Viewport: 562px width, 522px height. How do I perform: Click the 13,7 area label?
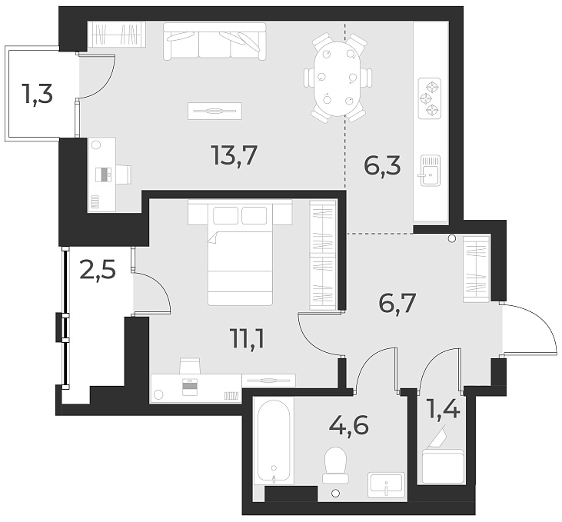(x=233, y=156)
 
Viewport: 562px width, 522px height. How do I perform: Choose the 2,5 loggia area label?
(x=98, y=271)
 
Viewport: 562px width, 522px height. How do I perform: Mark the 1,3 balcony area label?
(x=36, y=96)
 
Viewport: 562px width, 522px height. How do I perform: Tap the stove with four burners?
(x=430, y=98)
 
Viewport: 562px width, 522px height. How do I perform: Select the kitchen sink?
(x=429, y=169)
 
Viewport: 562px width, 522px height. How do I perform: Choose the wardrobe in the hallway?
(x=476, y=269)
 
